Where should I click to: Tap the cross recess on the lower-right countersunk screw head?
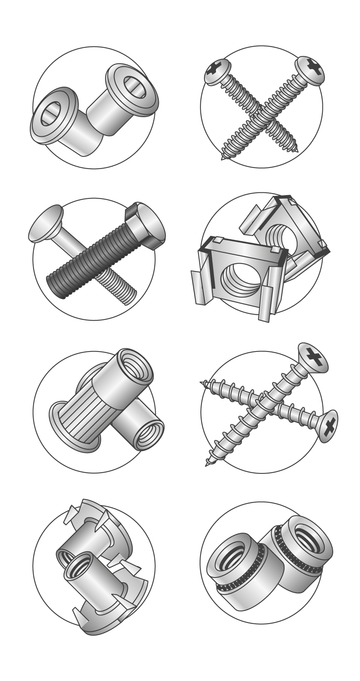point(330,426)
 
